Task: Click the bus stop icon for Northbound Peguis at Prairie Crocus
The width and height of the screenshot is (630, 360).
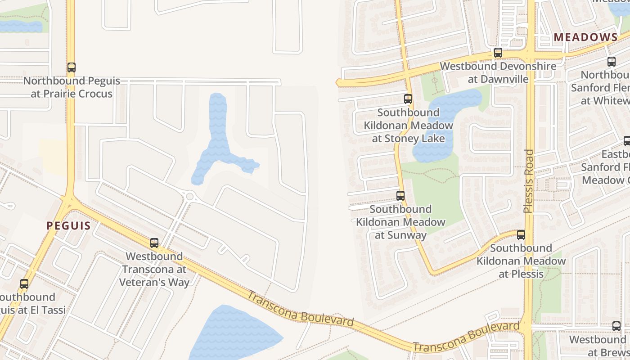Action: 71,67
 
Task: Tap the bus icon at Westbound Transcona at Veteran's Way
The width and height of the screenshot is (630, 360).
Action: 154,243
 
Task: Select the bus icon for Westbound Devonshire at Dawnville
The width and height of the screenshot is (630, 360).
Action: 498,53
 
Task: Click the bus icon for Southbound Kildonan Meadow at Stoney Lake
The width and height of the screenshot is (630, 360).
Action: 408,99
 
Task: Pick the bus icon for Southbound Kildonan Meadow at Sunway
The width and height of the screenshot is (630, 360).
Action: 400,196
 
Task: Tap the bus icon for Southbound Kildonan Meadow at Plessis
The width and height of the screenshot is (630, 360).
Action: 521,235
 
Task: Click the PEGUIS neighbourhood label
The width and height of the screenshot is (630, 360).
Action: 68,226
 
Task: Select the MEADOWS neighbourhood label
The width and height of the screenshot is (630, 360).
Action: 585,37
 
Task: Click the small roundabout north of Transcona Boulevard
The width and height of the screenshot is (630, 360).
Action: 190,197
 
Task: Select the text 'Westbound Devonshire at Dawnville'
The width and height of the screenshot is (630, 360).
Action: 498,72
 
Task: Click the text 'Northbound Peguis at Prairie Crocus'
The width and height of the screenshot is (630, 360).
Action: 72,87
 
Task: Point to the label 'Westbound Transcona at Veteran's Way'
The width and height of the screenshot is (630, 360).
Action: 154,269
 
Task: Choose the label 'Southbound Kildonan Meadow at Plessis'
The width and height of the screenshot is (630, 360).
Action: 521,261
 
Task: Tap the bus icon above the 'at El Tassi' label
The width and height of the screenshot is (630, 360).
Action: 24,284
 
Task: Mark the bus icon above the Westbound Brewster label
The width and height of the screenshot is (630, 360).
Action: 616,326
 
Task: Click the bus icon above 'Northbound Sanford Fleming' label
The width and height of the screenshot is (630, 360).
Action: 611,62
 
